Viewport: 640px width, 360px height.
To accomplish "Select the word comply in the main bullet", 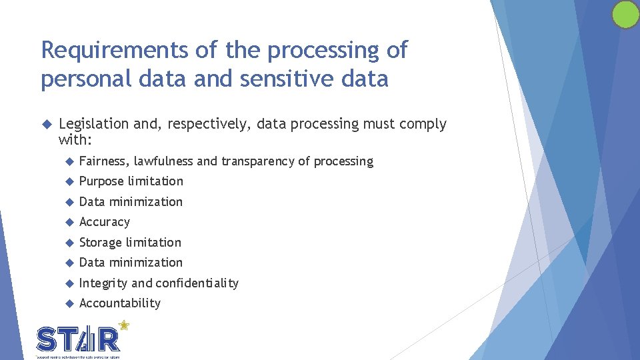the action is (x=422, y=124).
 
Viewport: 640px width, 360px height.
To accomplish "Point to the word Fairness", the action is (x=103, y=161).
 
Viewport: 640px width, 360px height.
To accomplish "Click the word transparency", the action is (x=258, y=161).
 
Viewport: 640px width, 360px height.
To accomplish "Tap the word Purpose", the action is (x=101, y=181).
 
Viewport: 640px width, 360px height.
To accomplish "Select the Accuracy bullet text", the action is (x=105, y=222).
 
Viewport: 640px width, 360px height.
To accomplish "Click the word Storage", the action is (x=100, y=243).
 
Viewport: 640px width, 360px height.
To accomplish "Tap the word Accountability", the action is (x=120, y=303).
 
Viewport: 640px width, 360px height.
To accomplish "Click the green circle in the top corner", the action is (x=625, y=14).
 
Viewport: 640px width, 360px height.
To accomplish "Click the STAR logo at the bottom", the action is (x=79, y=339).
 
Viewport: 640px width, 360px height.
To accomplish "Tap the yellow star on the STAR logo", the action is (x=123, y=326).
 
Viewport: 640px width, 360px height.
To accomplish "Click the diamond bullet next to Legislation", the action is (x=46, y=124).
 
